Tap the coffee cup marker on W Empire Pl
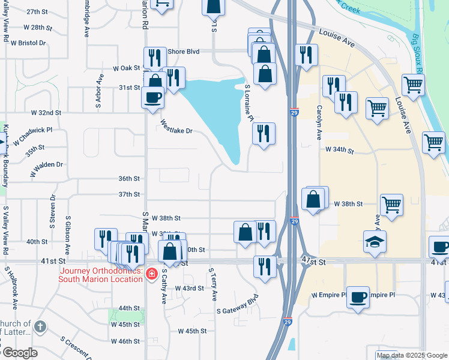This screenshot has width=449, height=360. pyautogui.click(x=358, y=297)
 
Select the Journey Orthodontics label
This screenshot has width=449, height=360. pyautogui.click(x=100, y=274)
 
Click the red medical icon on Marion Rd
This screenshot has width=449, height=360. pyautogui.click(x=151, y=274)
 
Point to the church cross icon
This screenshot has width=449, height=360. pyautogui.click(x=40, y=327)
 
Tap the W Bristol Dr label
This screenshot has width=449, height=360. pyautogui.click(x=26, y=43)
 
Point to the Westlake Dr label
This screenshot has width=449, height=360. pyautogui.click(x=176, y=126)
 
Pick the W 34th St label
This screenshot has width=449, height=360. pyautogui.click(x=337, y=149)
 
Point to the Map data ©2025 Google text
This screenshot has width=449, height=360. pyautogui.click(x=412, y=355)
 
